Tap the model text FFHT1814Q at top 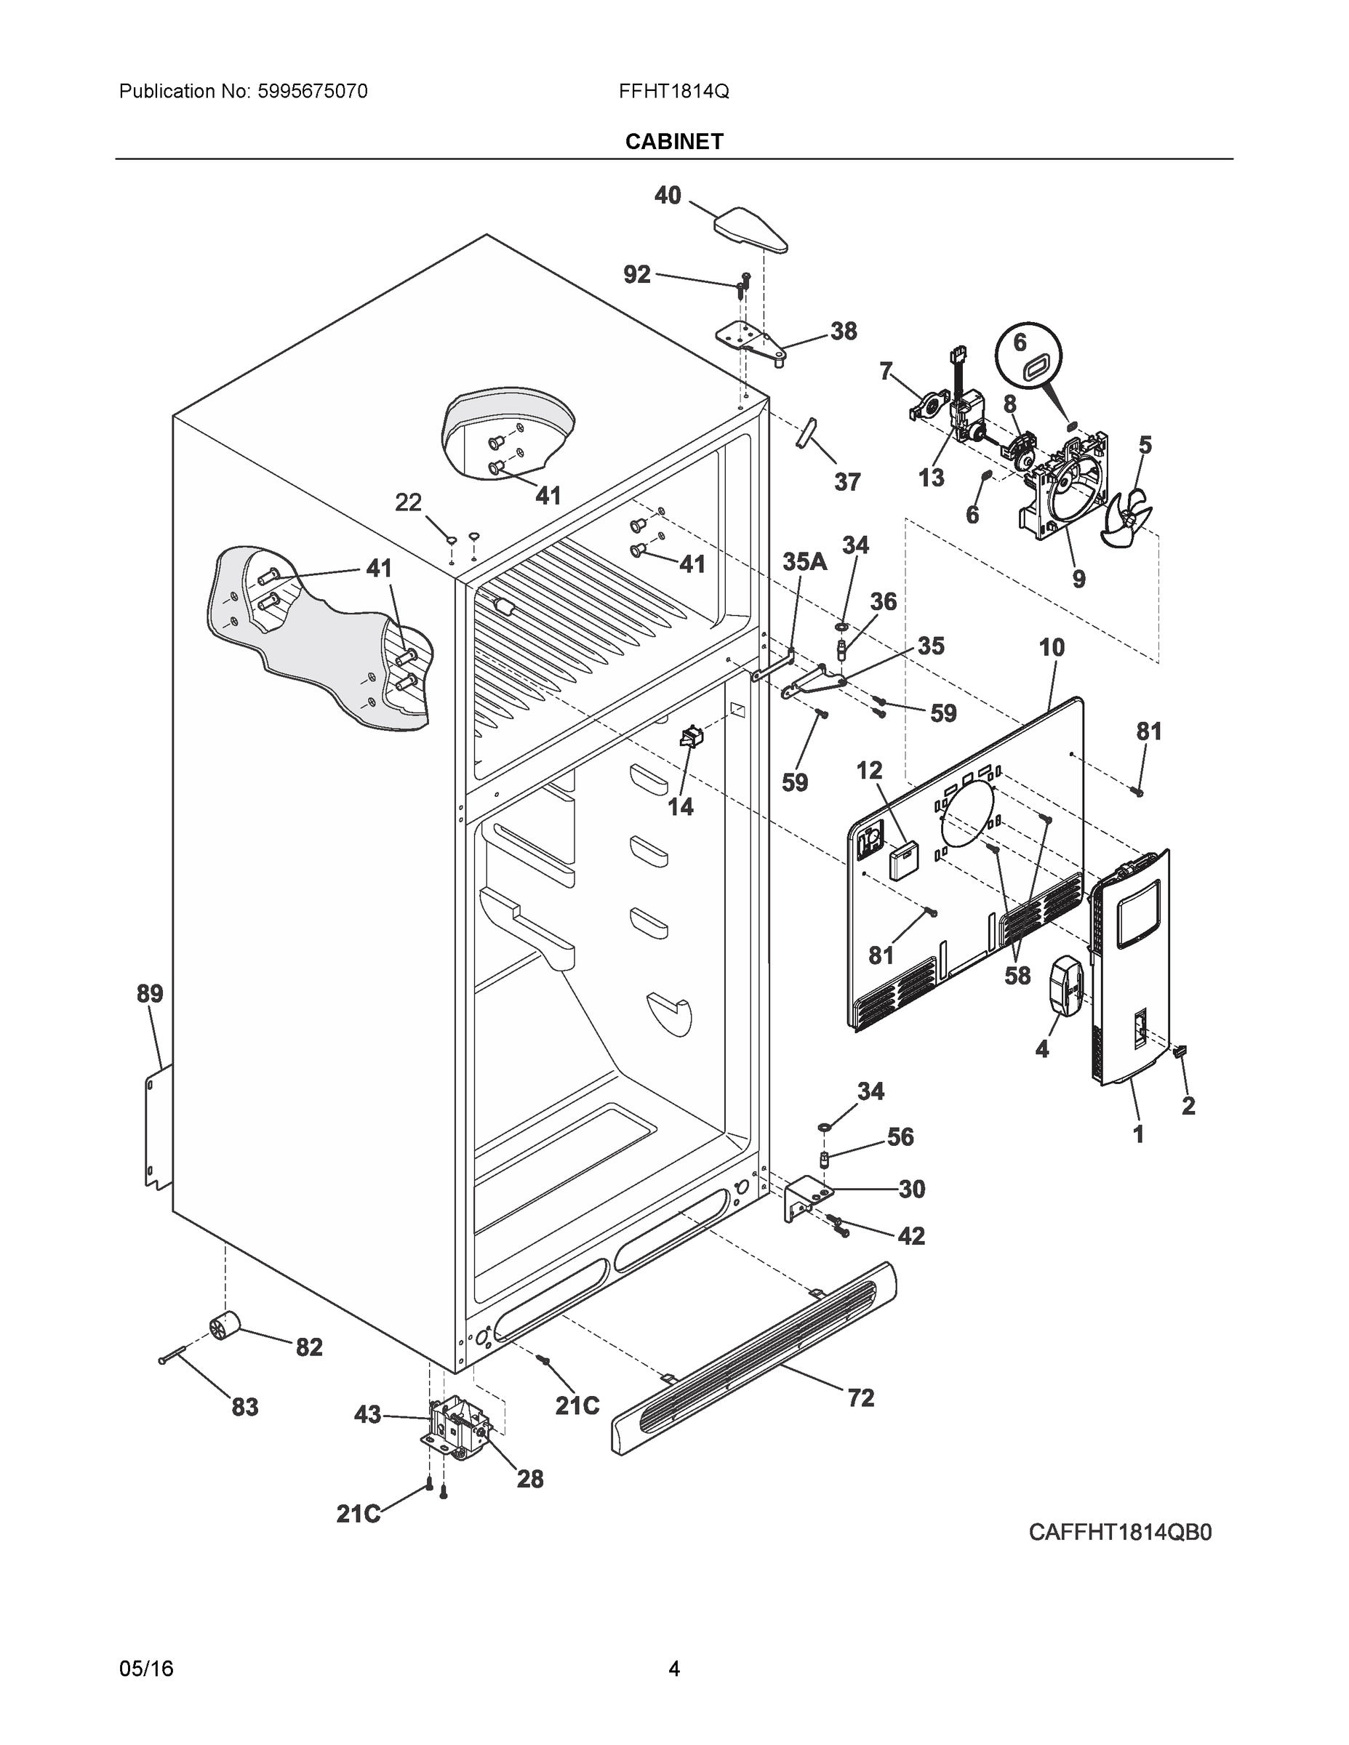(673, 91)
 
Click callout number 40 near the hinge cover (668, 195)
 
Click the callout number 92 (637, 275)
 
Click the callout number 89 (150, 994)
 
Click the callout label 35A (804, 562)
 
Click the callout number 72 (861, 1397)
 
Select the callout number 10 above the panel (1052, 647)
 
